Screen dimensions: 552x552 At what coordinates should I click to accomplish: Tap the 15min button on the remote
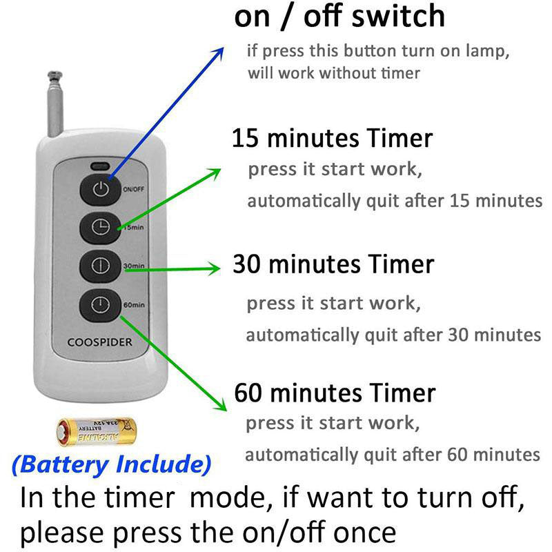click(x=101, y=228)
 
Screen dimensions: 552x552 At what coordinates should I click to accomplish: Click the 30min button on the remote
click(x=101, y=266)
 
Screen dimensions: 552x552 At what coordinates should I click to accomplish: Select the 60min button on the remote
click(x=101, y=304)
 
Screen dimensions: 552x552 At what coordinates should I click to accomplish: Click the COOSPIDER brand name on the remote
click(x=99, y=342)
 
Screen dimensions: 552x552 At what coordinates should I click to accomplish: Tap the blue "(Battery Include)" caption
click(x=111, y=464)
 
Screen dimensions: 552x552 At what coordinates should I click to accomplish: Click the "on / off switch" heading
click(x=339, y=17)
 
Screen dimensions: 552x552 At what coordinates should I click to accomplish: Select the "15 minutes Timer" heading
click(x=332, y=138)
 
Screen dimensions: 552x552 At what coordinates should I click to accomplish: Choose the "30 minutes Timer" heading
click(x=333, y=264)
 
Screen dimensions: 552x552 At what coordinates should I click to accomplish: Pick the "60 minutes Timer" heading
click(x=335, y=393)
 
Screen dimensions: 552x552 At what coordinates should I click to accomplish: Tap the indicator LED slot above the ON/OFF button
click(x=101, y=166)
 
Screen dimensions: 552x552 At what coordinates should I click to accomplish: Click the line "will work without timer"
click(x=334, y=73)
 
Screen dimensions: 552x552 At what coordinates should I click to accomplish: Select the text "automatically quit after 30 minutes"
click(x=393, y=335)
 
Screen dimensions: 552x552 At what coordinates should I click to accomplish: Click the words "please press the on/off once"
click(x=208, y=532)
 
